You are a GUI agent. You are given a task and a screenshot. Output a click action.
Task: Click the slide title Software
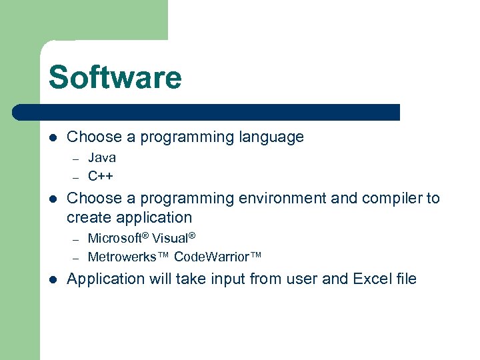115,77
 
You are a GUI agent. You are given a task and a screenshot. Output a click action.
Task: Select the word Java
102,158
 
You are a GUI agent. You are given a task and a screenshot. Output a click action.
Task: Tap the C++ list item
101,177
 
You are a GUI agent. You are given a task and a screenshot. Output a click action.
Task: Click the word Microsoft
117,238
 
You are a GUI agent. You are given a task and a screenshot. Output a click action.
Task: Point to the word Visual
173,238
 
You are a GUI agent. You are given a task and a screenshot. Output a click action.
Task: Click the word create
90,217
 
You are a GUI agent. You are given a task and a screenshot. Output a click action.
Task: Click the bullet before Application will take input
53,279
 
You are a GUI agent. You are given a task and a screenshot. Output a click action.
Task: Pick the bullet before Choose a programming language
53,138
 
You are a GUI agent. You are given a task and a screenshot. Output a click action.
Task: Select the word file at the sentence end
405,279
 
